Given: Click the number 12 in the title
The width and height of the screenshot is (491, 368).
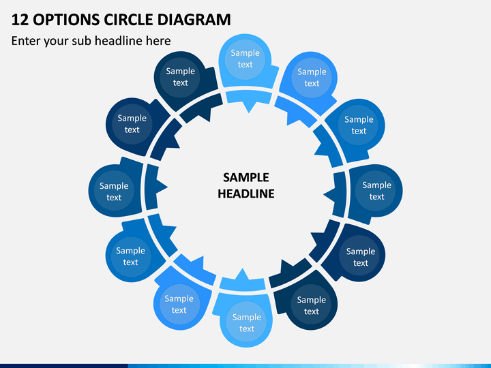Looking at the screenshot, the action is pos(20,19).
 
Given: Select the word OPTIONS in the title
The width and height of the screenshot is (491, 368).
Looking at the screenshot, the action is pos(66,19).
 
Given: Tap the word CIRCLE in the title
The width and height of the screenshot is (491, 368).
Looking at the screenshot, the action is pos(129,19).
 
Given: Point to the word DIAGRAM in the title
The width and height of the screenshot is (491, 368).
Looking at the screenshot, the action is pos(194,19).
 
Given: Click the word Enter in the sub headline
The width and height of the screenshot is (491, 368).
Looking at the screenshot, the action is pos(26,41).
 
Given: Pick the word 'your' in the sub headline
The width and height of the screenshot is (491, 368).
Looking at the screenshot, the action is pos(56,42).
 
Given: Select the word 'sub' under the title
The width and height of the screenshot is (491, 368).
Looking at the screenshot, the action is pos(81,41).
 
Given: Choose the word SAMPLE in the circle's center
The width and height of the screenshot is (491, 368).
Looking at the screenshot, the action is pos(245,177).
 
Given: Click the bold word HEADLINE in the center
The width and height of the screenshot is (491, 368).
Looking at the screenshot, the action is pos(245,194).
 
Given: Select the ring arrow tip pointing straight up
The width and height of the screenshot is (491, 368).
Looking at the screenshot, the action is pos(242,269).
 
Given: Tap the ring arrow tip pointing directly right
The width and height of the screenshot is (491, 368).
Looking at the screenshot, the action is pos(168,187).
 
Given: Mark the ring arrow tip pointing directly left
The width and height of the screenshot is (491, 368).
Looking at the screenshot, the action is pos(324,194).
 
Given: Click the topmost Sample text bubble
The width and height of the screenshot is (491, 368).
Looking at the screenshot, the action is pos(245,59).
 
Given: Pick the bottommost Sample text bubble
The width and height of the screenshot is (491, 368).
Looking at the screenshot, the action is pos(247,322).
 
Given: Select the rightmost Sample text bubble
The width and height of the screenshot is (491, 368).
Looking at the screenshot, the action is pos(376,191).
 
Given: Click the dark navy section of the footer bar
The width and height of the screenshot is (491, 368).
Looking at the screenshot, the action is pos(64,366).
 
